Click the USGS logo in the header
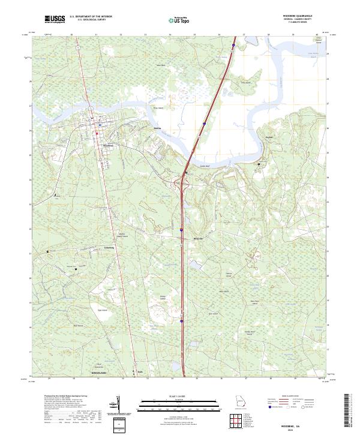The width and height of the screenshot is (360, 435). (55, 19)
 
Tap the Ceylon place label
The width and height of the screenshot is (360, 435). (269, 137)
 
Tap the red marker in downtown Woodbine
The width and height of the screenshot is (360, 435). (98, 133)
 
